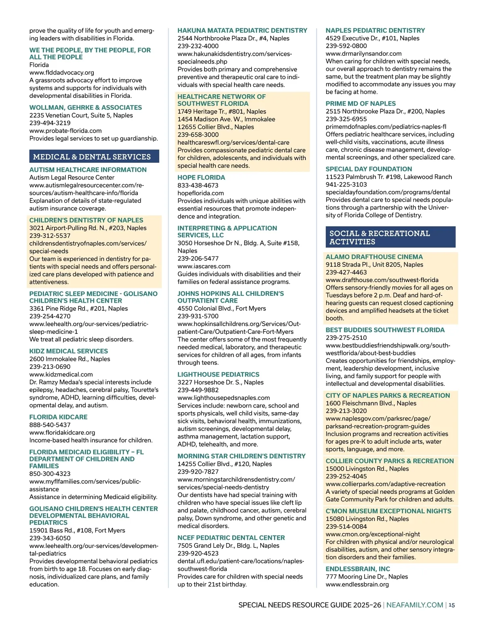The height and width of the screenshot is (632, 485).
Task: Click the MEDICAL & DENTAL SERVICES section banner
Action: [94, 157]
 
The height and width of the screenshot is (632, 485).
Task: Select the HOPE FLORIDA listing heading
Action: [201, 177]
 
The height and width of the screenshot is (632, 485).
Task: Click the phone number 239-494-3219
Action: [50, 123]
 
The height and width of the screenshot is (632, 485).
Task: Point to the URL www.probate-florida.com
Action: [65, 131]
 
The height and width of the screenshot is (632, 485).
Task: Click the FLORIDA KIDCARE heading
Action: [58, 417]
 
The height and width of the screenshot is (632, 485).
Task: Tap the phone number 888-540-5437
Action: [50, 425]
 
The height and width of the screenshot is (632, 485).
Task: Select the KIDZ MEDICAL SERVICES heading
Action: [69, 351]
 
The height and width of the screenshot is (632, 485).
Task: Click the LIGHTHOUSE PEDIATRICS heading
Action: [218, 375]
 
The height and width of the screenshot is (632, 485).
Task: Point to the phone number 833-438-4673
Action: [198, 185]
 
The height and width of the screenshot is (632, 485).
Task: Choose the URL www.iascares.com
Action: [204, 266]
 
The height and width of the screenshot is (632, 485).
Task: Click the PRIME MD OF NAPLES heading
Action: [361, 103]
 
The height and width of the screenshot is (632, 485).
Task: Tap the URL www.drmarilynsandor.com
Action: [364, 53]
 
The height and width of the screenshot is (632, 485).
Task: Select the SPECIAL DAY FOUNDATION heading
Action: [369, 169]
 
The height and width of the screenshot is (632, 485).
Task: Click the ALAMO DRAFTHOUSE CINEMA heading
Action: [374, 257]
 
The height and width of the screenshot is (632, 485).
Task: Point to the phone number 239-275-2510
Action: [346, 337]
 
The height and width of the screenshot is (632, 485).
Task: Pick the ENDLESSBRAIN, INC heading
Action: [358, 569]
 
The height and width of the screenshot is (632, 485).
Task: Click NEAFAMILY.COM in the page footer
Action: [415, 605]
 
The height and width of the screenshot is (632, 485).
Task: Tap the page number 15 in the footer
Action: [452, 605]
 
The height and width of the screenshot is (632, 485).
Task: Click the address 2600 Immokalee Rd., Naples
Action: [70, 359]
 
